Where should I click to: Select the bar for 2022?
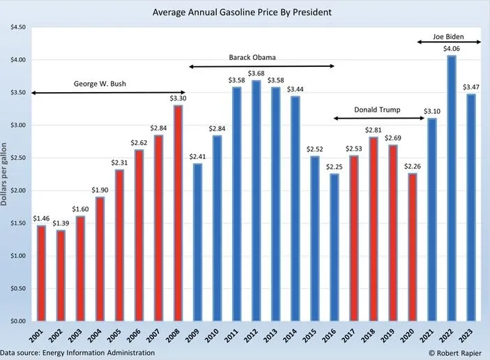coord(452,188)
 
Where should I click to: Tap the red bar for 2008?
coord(178,213)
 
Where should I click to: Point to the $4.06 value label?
coord(452,49)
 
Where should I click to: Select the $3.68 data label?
coord(256,74)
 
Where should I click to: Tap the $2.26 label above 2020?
coord(413,166)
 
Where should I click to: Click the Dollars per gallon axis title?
coord(5,174)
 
